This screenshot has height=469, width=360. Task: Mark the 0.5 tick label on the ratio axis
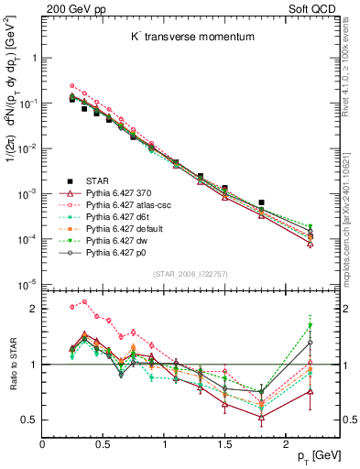[30, 420]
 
